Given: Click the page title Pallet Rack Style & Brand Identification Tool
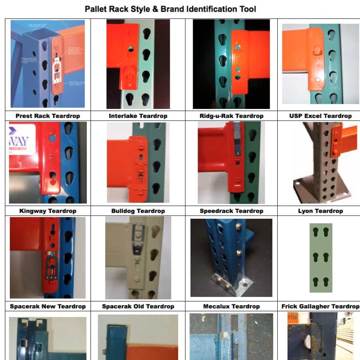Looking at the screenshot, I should [x=171, y=9].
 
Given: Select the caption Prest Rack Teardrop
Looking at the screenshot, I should [x=48, y=116].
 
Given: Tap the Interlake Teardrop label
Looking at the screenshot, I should [x=138, y=116].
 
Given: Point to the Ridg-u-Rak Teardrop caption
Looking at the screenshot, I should [x=231, y=116].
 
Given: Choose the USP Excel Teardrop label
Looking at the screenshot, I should [x=320, y=116].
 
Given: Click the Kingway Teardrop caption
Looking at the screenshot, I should [x=48, y=211].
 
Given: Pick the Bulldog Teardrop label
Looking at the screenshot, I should [x=138, y=211].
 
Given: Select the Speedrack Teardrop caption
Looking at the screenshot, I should [x=231, y=211].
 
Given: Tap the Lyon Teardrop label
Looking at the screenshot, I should [x=320, y=211].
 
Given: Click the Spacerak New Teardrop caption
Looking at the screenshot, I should [x=48, y=306].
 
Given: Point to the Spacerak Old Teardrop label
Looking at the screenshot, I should [x=138, y=306].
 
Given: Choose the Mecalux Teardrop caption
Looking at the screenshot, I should [x=231, y=306].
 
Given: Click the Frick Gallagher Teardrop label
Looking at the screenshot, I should [x=320, y=306].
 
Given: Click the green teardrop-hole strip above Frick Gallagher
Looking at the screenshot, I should [x=321, y=258].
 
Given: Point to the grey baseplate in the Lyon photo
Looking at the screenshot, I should [x=315, y=191].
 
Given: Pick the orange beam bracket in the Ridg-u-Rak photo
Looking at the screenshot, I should [x=245, y=67].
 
